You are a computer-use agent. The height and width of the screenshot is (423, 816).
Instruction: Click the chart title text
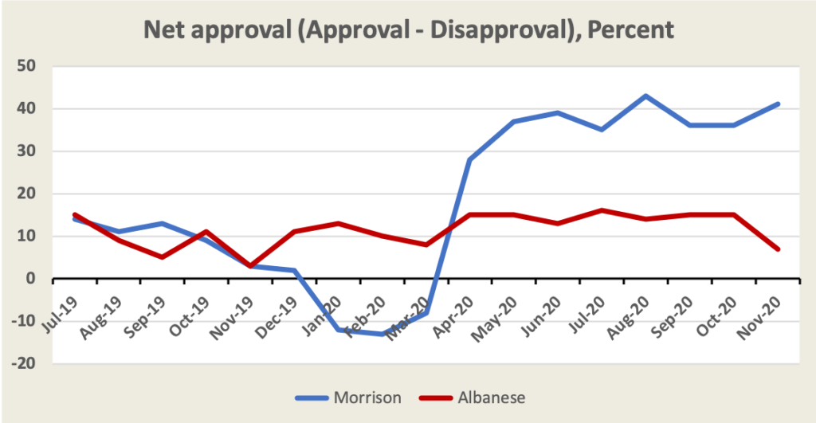pos(408,30)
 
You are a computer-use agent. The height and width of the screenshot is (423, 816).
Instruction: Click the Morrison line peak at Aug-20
pos(645,96)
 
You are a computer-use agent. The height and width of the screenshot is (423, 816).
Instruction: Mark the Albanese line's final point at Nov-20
pos(777,249)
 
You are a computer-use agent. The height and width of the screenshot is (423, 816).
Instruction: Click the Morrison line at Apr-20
pos(470,159)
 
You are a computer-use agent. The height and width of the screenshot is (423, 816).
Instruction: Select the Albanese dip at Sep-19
pos(163,257)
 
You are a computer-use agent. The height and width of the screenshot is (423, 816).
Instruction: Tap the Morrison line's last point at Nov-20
pos(777,104)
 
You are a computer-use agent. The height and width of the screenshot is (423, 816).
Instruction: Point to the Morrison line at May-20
pos(514,121)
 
